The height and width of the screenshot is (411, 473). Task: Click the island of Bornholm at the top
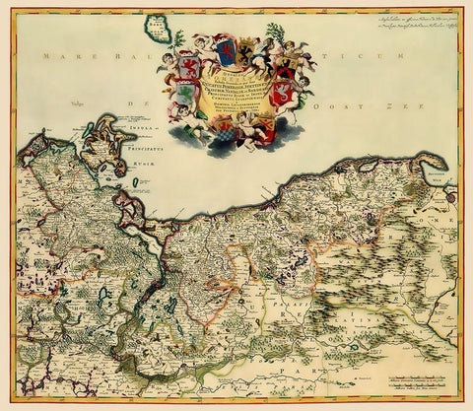(157, 29)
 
